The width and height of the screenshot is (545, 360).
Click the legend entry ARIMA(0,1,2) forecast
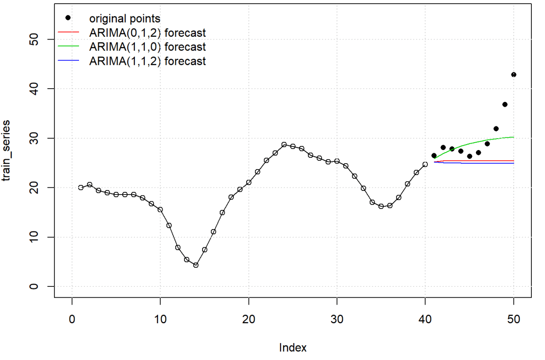point(147,33)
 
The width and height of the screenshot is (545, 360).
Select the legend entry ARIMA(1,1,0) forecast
point(147,47)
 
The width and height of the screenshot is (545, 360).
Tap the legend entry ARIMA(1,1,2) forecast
point(147,61)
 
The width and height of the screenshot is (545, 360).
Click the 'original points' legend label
point(124,19)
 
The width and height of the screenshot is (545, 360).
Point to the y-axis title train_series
point(7,150)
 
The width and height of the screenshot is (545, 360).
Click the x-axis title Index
point(292,348)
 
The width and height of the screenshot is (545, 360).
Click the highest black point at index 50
point(514,75)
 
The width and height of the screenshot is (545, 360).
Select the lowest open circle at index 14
point(196,265)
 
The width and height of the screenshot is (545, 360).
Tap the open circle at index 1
point(81,187)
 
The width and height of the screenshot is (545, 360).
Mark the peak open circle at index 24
point(284,145)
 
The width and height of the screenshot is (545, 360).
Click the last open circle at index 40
point(425,165)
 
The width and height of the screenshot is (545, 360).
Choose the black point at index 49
point(505,105)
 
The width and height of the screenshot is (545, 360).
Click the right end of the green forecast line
point(514,137)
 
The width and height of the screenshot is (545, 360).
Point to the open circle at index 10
point(160,210)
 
